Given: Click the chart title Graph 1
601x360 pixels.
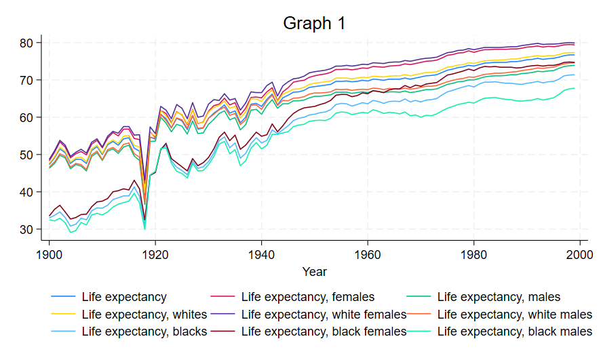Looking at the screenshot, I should click(x=314, y=23).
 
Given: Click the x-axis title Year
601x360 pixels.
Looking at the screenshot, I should click(x=314, y=272).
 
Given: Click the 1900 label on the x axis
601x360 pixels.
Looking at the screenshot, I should click(x=50, y=254).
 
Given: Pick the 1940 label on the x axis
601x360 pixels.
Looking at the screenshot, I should click(x=261, y=254).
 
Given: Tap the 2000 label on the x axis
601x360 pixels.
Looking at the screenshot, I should click(x=580, y=254).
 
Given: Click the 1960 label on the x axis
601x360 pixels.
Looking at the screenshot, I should click(x=368, y=254).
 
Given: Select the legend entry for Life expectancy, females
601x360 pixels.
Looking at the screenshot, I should click(x=307, y=296).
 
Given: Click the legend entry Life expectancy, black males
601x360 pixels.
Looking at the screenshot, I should click(x=515, y=332).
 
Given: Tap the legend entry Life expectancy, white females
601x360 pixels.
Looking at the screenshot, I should click(x=324, y=314).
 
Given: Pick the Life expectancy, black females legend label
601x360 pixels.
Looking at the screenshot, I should click(x=324, y=332).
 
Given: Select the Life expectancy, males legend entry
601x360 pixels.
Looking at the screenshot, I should click(x=499, y=296).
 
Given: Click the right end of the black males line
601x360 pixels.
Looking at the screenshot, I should click(x=575, y=88).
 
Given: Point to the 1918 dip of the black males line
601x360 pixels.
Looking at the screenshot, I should click(x=145, y=229).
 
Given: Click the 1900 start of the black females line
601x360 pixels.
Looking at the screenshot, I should click(x=50, y=216).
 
